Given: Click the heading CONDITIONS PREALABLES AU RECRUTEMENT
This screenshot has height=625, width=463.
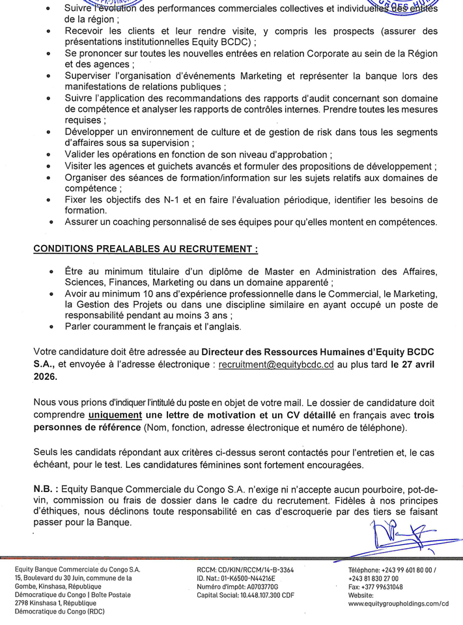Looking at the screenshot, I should point(146,249).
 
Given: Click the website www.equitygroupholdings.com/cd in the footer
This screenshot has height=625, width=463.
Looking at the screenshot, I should point(399,603).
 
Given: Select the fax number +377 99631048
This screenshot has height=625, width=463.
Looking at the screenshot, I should point(384,587).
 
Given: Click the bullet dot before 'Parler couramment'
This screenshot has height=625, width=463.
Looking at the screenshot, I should point(51,327).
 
